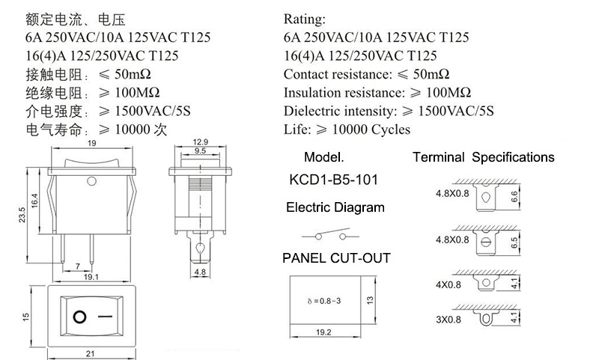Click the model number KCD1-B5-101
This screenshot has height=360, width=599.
[x=333, y=180]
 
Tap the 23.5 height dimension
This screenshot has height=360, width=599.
[x=22, y=215]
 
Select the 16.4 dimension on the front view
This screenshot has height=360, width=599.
[x=34, y=201]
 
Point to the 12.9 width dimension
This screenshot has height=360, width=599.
[x=200, y=141]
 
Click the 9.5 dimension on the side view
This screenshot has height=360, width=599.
[x=200, y=150]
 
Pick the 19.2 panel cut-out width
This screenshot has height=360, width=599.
[x=323, y=332]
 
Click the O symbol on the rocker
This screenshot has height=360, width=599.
[x=79, y=317]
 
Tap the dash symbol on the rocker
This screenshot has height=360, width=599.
[x=105, y=317]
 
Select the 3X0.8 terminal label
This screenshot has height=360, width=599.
[x=449, y=320]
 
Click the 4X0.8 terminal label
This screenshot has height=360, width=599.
[x=449, y=285]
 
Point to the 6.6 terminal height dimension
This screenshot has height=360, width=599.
[x=514, y=197]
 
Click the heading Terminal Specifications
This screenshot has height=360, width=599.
[x=483, y=157]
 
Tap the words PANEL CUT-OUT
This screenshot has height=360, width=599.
[x=336, y=258]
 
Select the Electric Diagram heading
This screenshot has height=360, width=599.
[x=335, y=207]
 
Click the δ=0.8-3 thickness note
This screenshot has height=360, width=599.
[x=324, y=301]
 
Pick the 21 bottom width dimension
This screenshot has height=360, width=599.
[x=90, y=353]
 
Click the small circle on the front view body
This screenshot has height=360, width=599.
[x=91, y=181]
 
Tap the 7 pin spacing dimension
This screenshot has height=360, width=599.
[x=78, y=266]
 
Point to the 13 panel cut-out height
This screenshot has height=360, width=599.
[x=370, y=300]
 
